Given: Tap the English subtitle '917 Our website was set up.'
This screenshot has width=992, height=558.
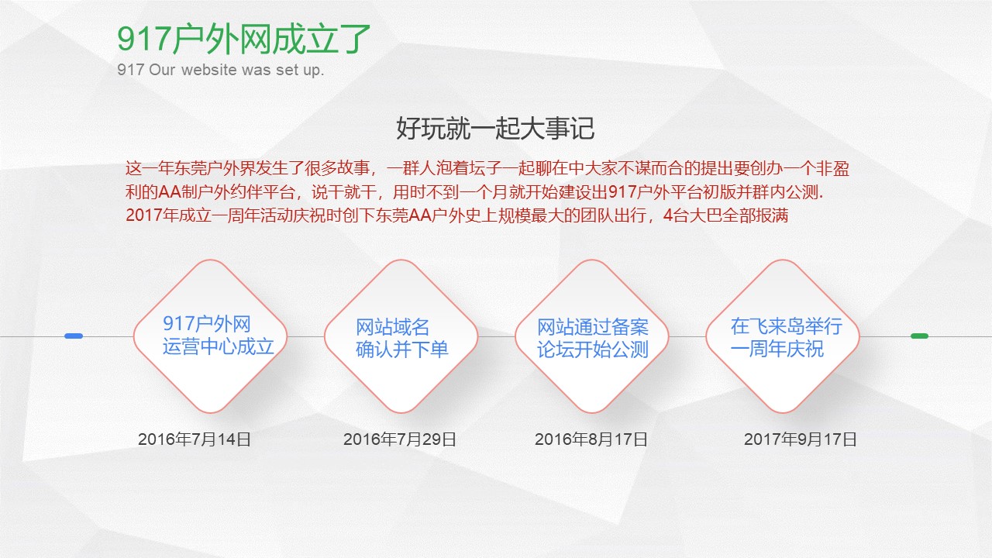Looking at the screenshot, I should [x=221, y=71].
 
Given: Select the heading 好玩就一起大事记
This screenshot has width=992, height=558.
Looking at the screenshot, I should [x=495, y=128].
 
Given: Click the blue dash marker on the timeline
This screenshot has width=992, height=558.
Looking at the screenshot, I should [x=74, y=336].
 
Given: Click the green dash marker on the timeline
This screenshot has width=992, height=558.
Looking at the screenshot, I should [x=919, y=336].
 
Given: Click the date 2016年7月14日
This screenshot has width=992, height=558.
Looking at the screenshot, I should [x=195, y=439].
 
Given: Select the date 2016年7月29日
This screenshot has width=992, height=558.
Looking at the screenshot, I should [x=400, y=439].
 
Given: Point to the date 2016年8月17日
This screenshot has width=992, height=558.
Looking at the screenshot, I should [x=591, y=439].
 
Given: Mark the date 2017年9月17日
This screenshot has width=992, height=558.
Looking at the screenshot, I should [x=801, y=439].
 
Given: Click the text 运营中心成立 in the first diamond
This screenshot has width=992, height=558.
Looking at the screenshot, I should [x=219, y=347].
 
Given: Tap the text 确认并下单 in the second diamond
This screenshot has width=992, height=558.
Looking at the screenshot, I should [x=402, y=350].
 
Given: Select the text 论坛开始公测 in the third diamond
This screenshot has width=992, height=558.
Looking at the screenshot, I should [x=593, y=350].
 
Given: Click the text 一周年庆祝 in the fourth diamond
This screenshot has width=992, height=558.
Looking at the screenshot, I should [x=777, y=350].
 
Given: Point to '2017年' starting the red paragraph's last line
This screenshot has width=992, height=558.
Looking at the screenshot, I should [x=144, y=215].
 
